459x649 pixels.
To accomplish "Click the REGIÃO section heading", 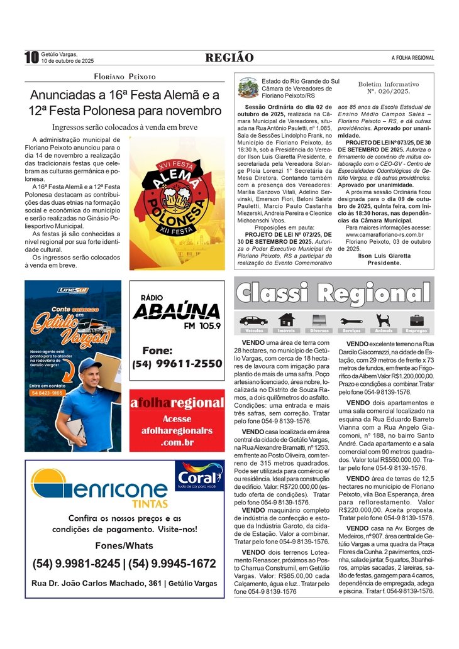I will click(x=229, y=58).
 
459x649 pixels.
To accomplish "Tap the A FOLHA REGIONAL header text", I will click(x=412, y=58).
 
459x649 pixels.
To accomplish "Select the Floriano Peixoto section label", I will click(x=124, y=77).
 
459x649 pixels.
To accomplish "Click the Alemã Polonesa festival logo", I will click(x=177, y=204).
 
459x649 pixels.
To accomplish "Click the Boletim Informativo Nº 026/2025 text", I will click(x=388, y=87).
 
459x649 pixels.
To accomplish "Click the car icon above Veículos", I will click(x=253, y=320).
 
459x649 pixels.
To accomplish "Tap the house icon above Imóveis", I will click(x=286, y=320).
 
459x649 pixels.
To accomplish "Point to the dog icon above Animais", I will click(x=382, y=320).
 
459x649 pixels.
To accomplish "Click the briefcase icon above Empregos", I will click(x=416, y=320).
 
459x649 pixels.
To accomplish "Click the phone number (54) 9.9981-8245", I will click(x=75, y=564).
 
